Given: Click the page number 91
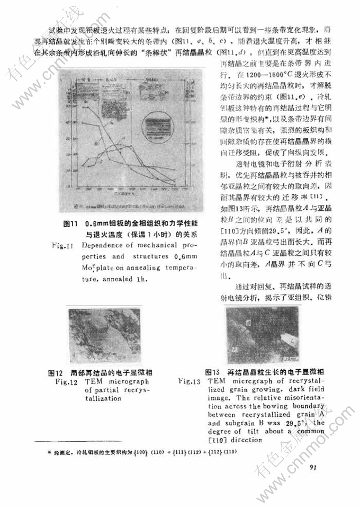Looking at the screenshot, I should point(312,467).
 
